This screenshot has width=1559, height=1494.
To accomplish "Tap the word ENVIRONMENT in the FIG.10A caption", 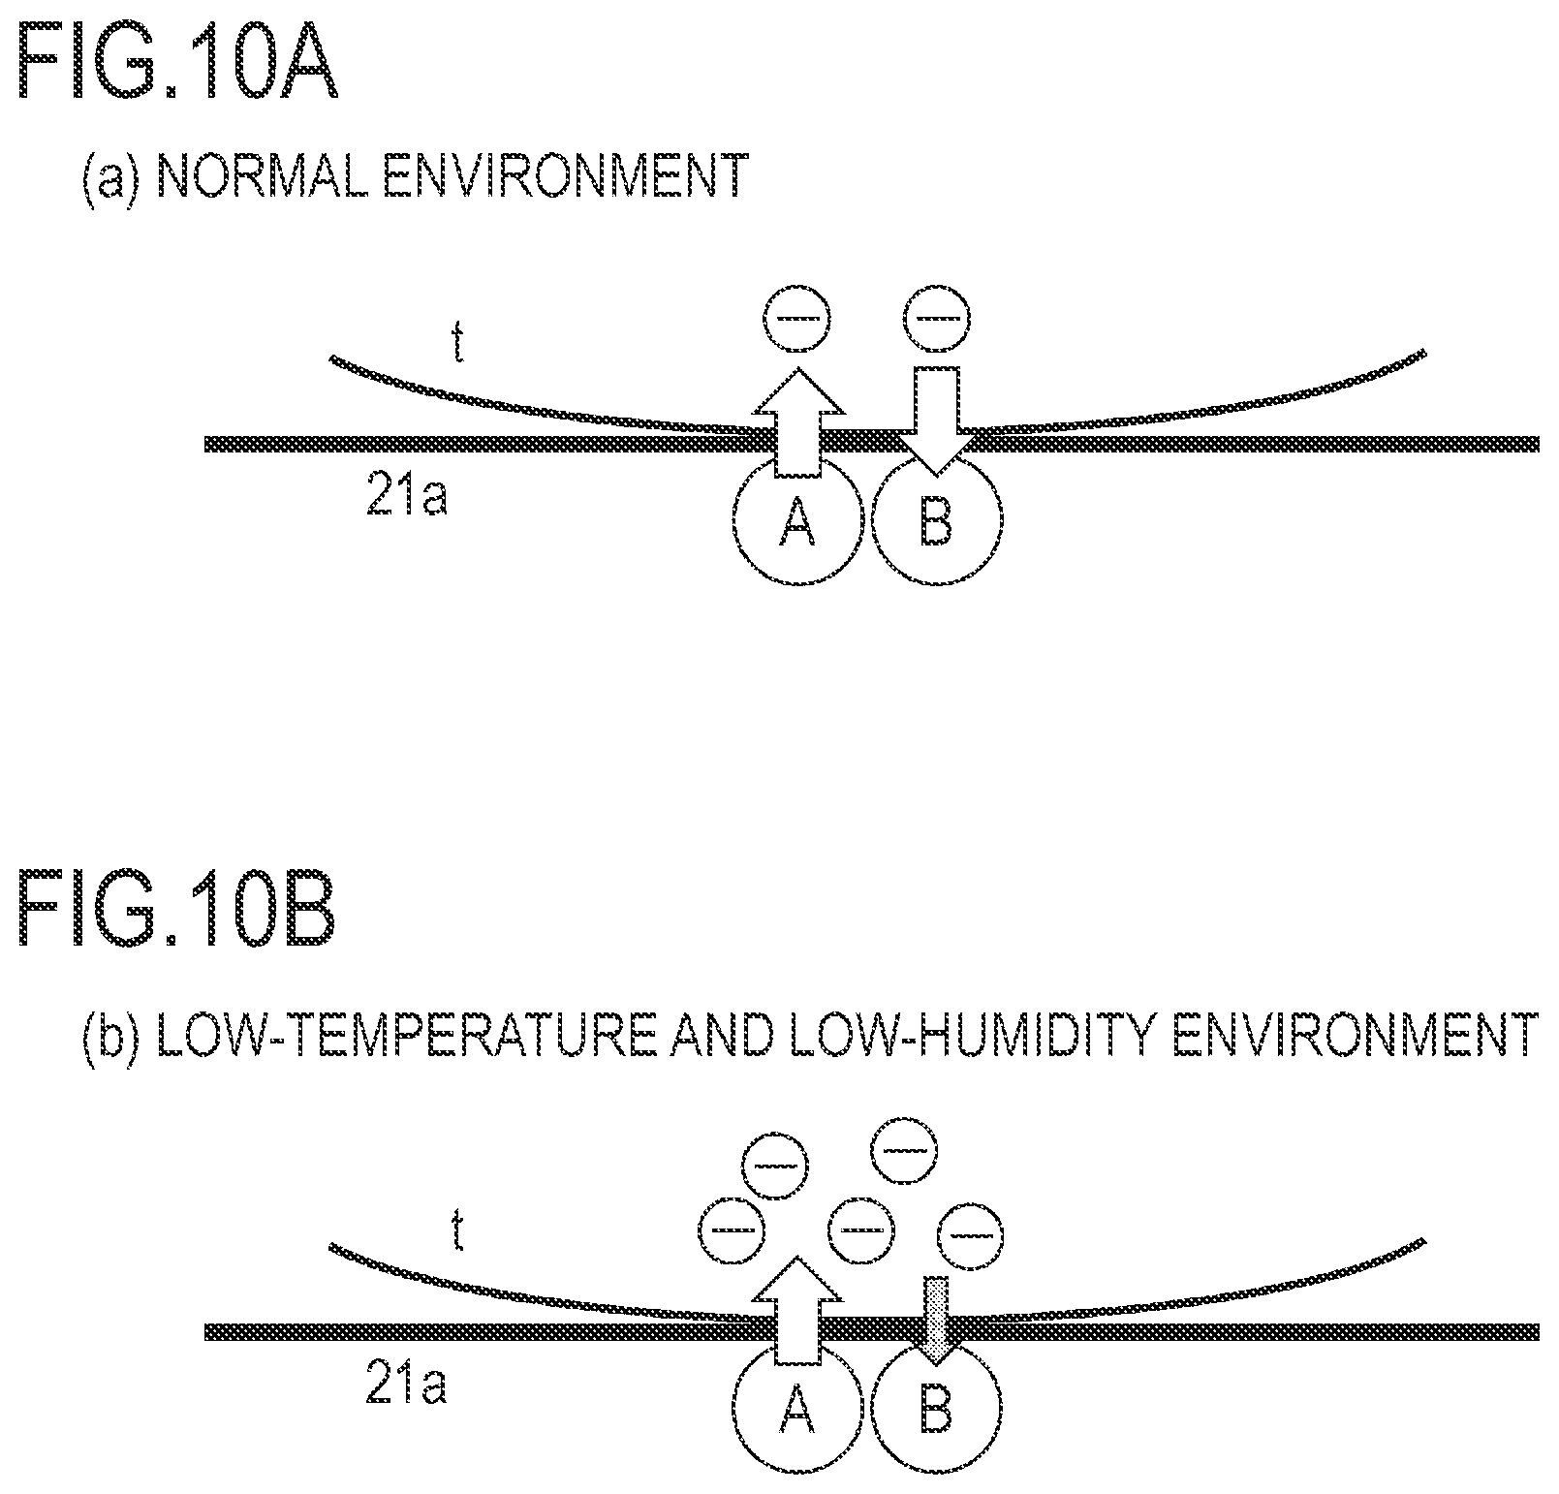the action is (x=566, y=176).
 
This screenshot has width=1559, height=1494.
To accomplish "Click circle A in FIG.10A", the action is (x=797, y=520).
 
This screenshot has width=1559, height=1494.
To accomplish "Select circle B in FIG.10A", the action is (x=937, y=520).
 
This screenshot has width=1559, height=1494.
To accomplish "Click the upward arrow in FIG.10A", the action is (x=797, y=421).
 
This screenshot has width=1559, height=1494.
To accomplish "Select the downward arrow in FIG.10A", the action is (x=936, y=421).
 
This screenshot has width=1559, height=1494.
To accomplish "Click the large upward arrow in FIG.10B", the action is (x=797, y=1310).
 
